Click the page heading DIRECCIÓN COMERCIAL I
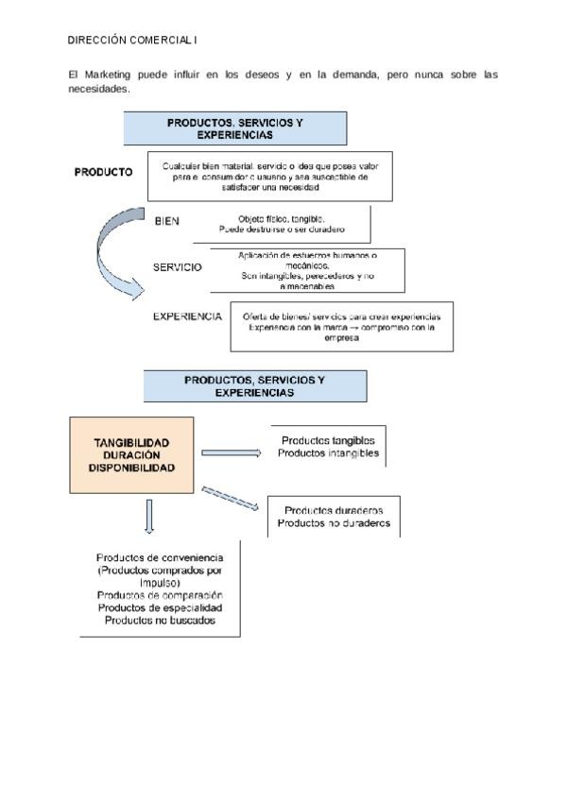coord(133,41)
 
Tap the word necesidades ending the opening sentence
coord(97,90)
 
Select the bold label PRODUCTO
coord(103,172)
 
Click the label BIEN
coord(167,221)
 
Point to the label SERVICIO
coord(177,267)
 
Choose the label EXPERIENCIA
coord(187,316)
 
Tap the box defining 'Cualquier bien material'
coord(270,175)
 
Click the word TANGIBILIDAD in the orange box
coord(131,442)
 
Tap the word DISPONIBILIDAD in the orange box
coord(131,468)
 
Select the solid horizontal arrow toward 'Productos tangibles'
coord(231,452)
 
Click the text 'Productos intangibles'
coord(328,453)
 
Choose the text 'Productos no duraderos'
coord(334,523)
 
